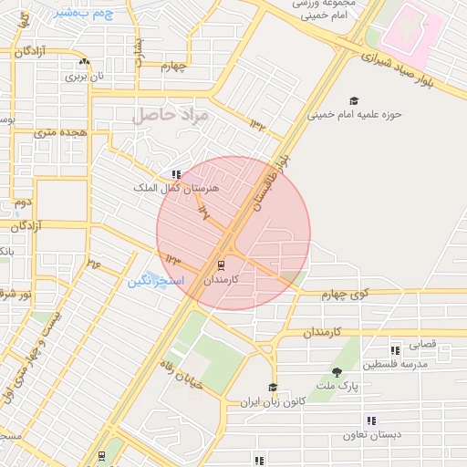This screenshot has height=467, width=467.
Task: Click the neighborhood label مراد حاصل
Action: pos(171,116)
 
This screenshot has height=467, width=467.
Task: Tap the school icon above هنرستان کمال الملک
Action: pos(175,174)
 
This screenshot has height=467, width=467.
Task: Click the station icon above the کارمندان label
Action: pos(221,265)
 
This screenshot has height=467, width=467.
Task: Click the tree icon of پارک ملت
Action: pos(337,372)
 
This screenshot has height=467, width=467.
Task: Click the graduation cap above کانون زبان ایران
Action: pos(272,387)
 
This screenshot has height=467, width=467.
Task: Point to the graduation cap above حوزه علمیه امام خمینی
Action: pos(354,101)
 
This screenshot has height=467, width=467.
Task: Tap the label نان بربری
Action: pos(84,77)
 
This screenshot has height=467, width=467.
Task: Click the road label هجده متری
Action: pos(57,133)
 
